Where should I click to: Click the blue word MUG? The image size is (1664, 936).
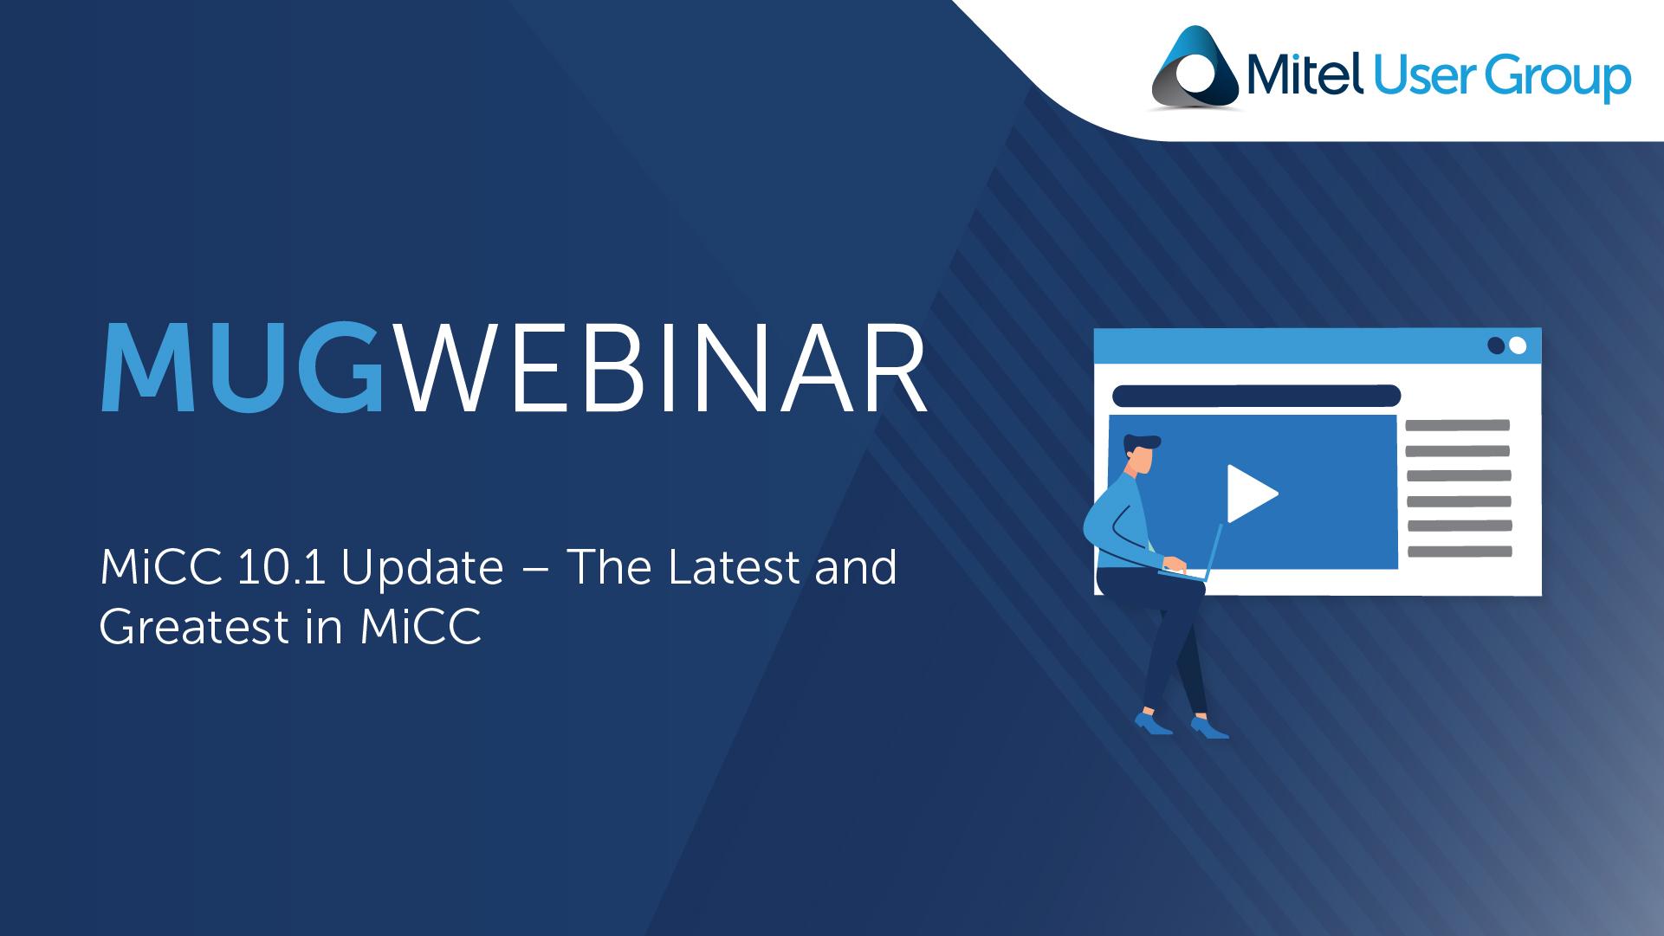pos(242,368)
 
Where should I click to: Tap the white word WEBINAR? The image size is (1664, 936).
pos(664,368)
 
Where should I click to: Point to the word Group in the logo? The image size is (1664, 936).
pos(1558,79)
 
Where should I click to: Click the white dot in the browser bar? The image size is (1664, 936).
pos(1517,345)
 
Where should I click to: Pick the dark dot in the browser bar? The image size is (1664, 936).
pos(1496,345)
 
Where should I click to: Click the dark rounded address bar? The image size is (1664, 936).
pos(1256,396)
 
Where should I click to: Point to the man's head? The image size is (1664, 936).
pos(1142,454)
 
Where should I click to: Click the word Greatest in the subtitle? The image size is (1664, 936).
pos(194,628)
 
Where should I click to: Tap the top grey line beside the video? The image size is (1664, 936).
pos(1458,425)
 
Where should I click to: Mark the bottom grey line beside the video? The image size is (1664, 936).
pos(1460,552)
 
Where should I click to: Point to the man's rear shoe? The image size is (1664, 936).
pos(1153,723)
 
